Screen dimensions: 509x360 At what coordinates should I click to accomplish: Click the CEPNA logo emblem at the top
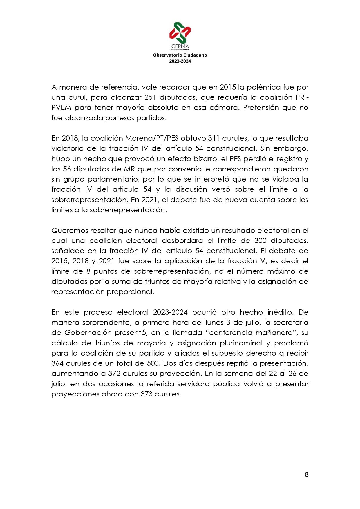(x=180, y=32)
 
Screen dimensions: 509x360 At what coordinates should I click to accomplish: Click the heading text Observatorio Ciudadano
(x=180, y=55)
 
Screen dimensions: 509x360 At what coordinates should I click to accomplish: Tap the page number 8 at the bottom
(x=307, y=474)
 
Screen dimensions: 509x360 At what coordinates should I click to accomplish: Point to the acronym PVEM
(x=61, y=108)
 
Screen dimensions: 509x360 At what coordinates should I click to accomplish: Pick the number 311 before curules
(x=214, y=138)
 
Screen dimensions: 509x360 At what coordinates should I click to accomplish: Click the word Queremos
(x=70, y=231)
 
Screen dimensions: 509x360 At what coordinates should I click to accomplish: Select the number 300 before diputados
(x=260, y=241)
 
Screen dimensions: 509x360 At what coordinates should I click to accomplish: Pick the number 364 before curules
(x=57, y=363)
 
